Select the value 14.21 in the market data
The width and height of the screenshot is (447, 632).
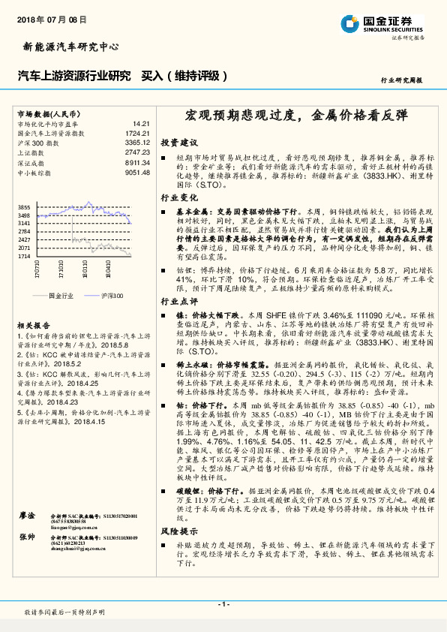coord(142,122)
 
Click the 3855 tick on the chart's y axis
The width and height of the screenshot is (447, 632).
coord(24,207)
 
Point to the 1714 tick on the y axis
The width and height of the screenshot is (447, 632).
coord(24,256)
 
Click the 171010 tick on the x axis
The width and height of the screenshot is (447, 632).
coord(57,268)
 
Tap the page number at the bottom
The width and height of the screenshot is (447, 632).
coord(223,605)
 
